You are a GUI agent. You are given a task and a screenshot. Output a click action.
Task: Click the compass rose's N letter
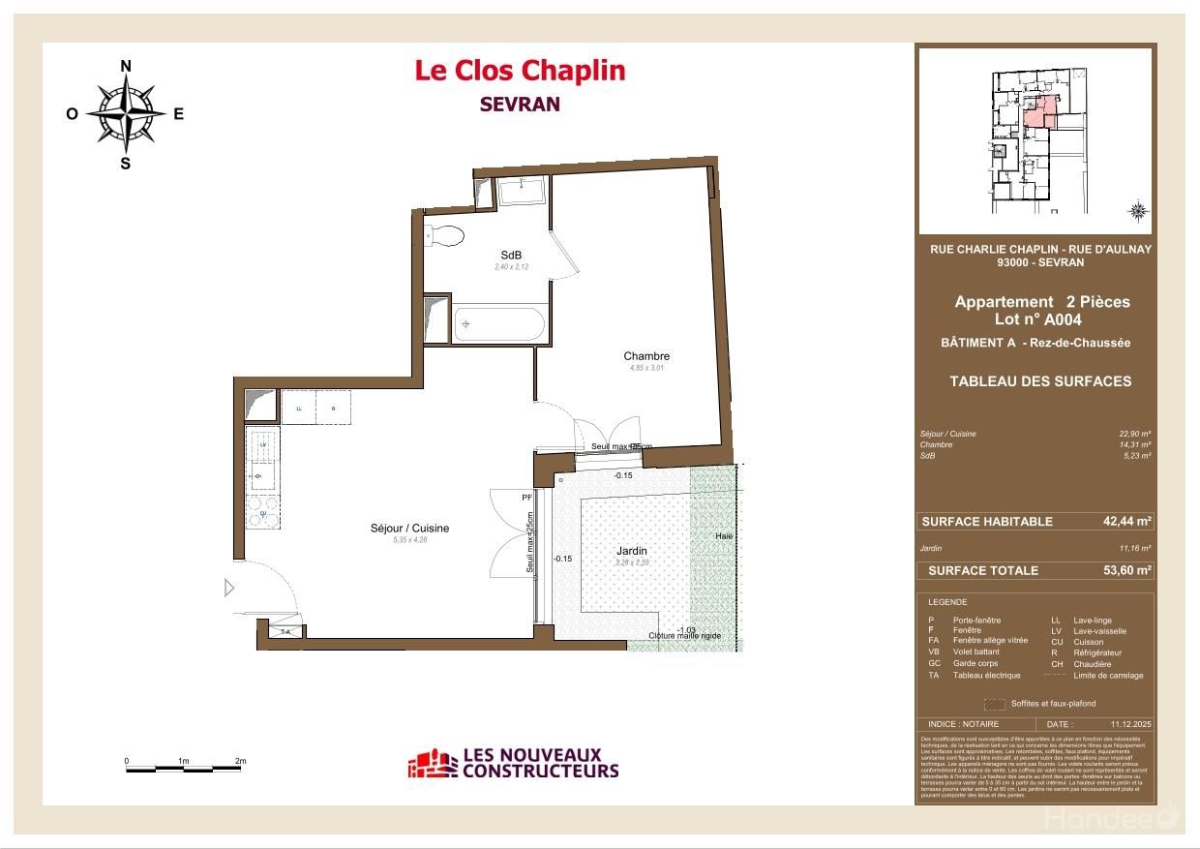pyautogui.click(x=125, y=66)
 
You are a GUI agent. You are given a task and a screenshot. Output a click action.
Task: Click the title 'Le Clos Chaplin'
pyautogui.click(x=520, y=71)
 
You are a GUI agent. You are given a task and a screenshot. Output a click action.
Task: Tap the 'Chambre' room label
pyautogui.click(x=646, y=356)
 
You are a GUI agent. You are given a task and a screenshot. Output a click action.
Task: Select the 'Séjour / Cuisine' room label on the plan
pyautogui.click(x=409, y=529)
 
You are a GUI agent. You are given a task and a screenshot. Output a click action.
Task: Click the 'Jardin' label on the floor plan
pyautogui.click(x=632, y=551)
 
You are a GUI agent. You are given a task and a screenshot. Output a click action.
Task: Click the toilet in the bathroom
pyautogui.click(x=446, y=235)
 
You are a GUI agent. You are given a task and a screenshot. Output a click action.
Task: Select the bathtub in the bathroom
pyautogui.click(x=500, y=323)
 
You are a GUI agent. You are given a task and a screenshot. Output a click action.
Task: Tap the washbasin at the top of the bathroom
pyautogui.click(x=523, y=190)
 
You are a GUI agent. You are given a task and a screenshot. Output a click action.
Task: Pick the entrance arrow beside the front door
pyautogui.click(x=229, y=588)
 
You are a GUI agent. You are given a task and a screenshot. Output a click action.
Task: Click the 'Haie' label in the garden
pyautogui.click(x=724, y=536)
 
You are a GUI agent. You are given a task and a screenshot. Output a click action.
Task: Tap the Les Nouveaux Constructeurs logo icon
pyautogui.click(x=432, y=764)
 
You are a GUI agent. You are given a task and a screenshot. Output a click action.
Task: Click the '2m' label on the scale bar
pyautogui.click(x=241, y=761)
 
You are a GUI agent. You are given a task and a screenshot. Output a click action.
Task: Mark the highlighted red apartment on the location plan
pyautogui.click(x=1037, y=114)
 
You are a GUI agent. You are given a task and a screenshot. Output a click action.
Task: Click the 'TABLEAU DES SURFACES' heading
pyautogui.click(x=1040, y=381)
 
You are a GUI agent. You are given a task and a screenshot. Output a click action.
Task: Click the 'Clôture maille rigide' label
pyautogui.click(x=685, y=637)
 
